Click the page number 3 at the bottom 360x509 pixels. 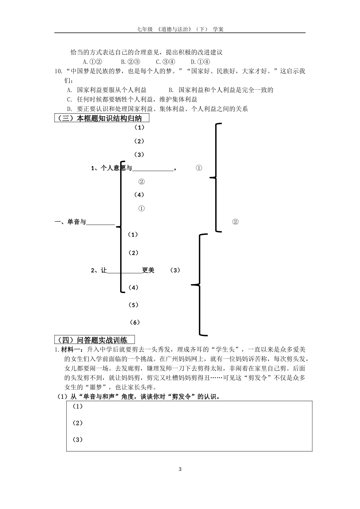pos(180,470)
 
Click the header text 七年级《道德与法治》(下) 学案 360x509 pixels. pos(180,29)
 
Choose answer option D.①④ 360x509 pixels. pos(200,62)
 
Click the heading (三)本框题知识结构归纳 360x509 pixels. pos(101,118)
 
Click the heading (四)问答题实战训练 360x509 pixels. pos(94,339)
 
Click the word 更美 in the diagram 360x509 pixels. pos(148,270)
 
